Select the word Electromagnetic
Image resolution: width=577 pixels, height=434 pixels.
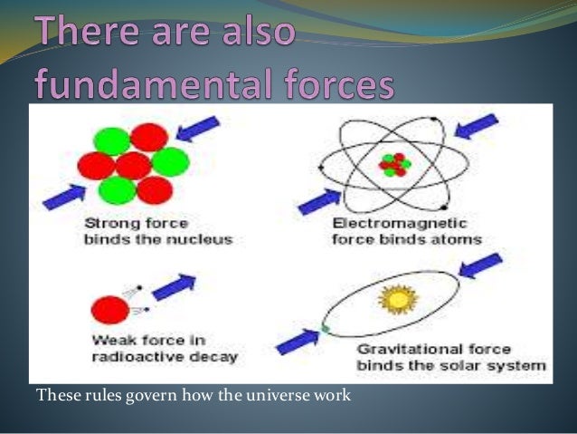point(400,223)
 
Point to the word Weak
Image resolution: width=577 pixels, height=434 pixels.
point(114,340)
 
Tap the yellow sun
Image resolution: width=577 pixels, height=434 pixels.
point(398,299)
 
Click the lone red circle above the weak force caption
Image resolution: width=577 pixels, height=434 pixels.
point(110,310)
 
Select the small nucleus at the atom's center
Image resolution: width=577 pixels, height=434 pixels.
point(394,165)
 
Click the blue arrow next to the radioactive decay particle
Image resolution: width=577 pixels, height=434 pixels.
point(174,287)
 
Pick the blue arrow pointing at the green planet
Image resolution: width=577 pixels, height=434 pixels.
point(298,342)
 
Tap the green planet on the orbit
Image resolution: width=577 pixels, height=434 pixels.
point(325,328)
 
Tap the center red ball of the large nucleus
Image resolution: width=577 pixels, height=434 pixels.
point(134,166)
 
